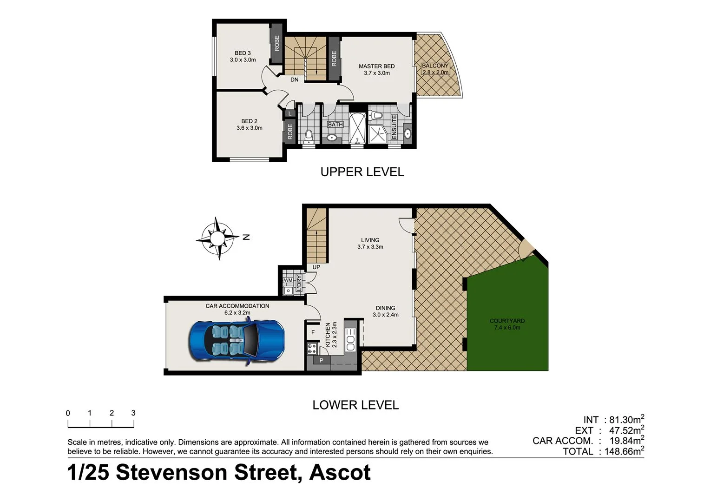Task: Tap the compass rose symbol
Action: pyautogui.click(x=217, y=238)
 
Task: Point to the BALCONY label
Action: pyautogui.click(x=435, y=66)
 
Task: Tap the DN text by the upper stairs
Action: pyautogui.click(x=294, y=80)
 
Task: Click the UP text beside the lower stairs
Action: pyautogui.click(x=316, y=267)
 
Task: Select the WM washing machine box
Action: pyautogui.click(x=288, y=280)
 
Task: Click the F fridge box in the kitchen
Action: pyautogui.click(x=313, y=332)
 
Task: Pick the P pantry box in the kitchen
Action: pyautogui.click(x=321, y=360)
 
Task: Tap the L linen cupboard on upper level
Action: pyautogui.click(x=290, y=113)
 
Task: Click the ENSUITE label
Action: pyautogui.click(x=394, y=126)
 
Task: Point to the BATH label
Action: pyautogui.click(x=335, y=125)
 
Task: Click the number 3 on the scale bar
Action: pyautogui.click(x=133, y=413)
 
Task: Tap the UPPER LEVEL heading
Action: pyautogui.click(x=362, y=172)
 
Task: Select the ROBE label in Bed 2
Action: pyautogui.click(x=290, y=132)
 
